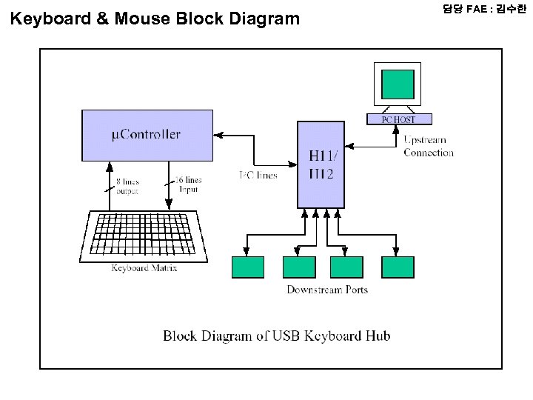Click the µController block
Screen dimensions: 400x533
[x=147, y=135]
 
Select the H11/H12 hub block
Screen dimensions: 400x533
[x=321, y=164]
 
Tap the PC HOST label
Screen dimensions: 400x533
[x=398, y=119]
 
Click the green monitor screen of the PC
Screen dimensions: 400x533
[x=398, y=84]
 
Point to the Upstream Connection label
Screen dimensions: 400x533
[x=428, y=146]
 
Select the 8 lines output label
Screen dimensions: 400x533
[x=127, y=185]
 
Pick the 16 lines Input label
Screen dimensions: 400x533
[x=187, y=184]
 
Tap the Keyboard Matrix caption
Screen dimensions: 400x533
[x=144, y=268]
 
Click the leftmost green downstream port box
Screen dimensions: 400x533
[x=248, y=267]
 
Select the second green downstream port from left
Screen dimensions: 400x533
[x=299, y=267]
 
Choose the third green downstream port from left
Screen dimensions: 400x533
[x=346, y=267]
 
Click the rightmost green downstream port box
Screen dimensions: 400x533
[x=398, y=267]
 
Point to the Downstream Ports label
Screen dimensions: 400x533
[x=327, y=290]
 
